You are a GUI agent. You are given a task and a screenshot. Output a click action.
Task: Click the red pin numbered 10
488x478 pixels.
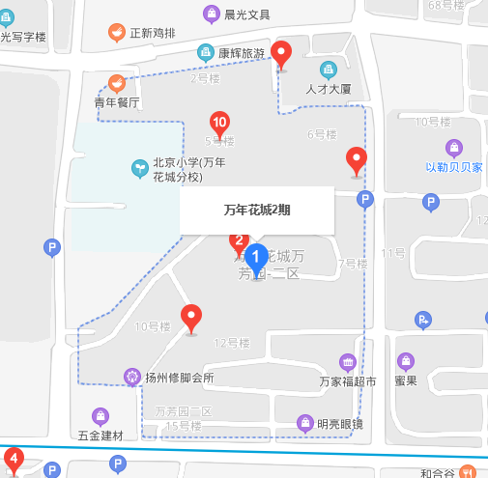pos(220,124)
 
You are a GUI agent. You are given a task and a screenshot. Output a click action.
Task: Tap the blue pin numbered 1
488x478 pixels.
pos(256,257)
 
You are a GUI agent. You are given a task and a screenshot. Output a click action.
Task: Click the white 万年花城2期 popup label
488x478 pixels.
pos(257,210)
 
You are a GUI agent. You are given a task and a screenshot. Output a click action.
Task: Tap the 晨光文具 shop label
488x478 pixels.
pos(246,14)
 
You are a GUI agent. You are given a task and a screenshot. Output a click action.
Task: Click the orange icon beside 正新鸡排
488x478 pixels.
pos(116,34)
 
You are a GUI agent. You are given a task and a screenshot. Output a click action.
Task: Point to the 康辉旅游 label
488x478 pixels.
pos(241,53)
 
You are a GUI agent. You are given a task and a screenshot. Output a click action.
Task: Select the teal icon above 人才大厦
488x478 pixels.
pos(329,70)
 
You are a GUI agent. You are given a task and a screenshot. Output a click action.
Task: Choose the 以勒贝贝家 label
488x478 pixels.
pos(453,166)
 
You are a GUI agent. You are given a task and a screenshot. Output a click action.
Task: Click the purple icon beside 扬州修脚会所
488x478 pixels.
pos(133,376)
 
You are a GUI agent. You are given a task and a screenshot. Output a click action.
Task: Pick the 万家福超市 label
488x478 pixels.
pos(347,381)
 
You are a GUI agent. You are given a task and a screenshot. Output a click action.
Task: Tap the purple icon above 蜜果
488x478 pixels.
pos(406,362)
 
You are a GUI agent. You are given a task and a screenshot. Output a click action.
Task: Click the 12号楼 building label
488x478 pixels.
pos(232,342)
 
